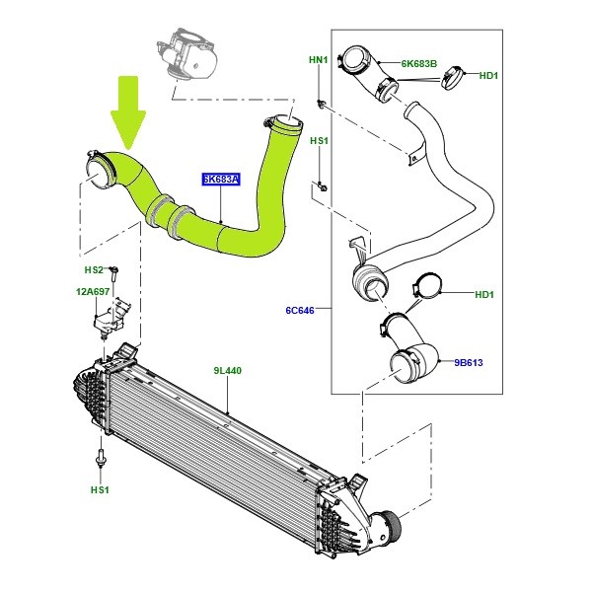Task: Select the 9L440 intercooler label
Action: [x=227, y=371]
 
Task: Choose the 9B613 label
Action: [x=470, y=362]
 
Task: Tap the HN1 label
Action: [x=319, y=60]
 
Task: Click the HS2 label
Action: [x=94, y=269]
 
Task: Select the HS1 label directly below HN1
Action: [x=319, y=141]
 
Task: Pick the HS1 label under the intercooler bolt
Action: [x=100, y=489]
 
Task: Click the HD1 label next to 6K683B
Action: [x=488, y=75]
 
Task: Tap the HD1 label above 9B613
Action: [x=483, y=293]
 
